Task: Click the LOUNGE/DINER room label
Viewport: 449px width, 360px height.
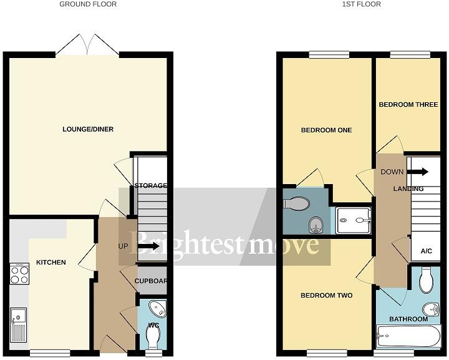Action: point(88,129)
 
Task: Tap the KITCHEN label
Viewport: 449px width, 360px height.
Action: point(51,262)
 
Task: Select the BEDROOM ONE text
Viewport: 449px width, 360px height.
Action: point(326,130)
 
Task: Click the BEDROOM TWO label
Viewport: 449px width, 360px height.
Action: point(326,295)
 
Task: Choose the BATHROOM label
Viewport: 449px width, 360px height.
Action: point(408,319)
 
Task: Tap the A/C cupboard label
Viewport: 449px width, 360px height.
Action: point(427,251)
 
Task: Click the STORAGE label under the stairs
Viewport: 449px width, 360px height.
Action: point(151,186)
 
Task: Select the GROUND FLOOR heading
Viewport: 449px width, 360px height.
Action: point(88,4)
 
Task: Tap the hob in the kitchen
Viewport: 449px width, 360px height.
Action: point(19,275)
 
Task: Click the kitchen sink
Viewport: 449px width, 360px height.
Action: point(17,324)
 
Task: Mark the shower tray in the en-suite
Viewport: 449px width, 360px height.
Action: point(354,219)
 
